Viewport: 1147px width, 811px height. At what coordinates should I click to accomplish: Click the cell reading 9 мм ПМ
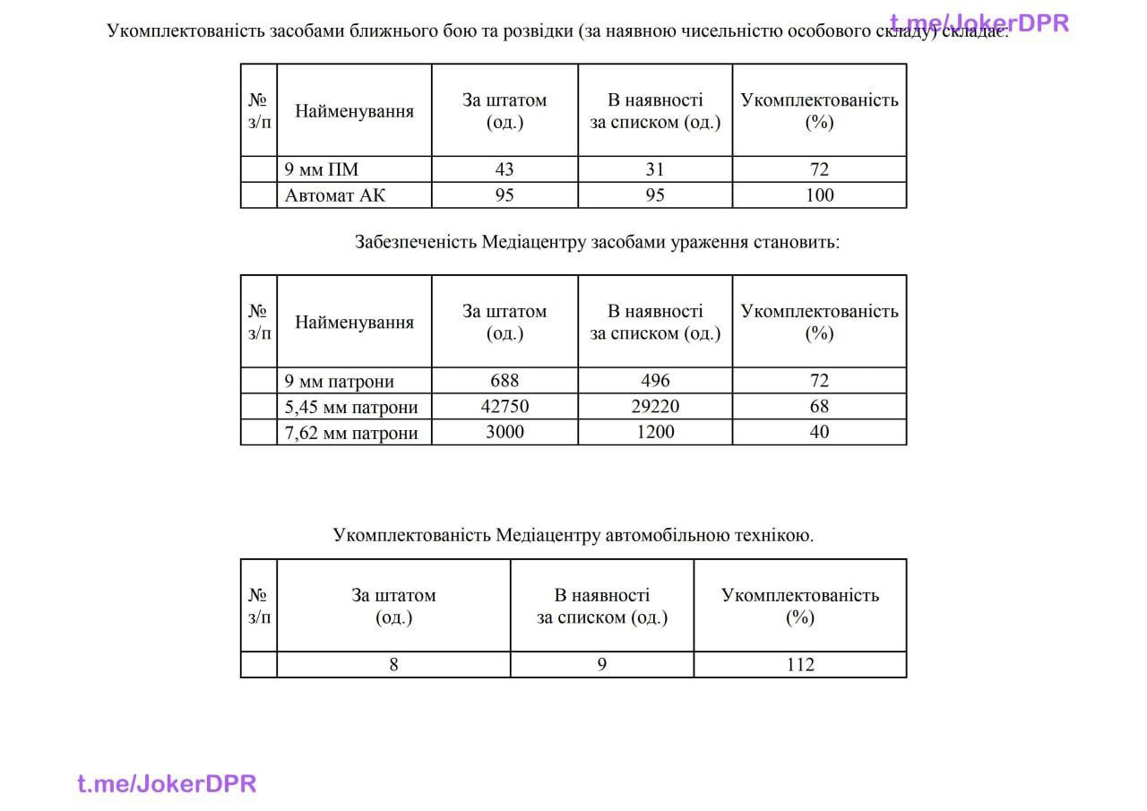pos(322,169)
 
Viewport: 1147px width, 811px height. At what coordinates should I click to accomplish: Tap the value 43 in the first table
pos(505,169)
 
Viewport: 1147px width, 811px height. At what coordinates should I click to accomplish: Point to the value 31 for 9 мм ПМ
pos(655,169)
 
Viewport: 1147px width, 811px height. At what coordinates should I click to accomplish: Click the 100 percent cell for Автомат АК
pos(819,195)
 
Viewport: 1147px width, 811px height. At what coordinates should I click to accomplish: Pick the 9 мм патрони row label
pos(340,381)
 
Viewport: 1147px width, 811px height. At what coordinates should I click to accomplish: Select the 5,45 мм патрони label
pos(351,407)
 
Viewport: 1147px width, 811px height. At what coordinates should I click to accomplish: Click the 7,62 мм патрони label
pos(351,433)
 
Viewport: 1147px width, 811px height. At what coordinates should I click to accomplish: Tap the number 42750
pos(505,407)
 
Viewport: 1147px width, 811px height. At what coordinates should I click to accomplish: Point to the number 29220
pos(655,407)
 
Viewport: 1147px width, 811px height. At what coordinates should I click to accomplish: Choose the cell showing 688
pos(505,381)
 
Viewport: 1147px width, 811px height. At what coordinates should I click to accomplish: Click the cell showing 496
pos(655,381)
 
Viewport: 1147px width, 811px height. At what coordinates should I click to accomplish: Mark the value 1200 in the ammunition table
pos(655,432)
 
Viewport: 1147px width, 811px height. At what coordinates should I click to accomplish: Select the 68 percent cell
pos(819,407)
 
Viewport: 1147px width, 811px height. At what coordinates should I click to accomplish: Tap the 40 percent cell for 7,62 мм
pos(819,432)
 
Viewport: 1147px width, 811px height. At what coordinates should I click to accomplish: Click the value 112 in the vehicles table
pos(799,665)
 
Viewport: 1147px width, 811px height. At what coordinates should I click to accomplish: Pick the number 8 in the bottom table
pos(393,665)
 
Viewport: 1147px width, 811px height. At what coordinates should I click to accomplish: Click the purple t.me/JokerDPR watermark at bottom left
pos(167,784)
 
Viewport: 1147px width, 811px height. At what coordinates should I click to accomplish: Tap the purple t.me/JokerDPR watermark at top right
pos(979,23)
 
